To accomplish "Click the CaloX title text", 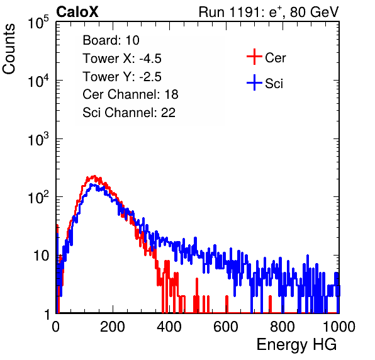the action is click(77, 12).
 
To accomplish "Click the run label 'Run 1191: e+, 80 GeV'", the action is click(269, 12).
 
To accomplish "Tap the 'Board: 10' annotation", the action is click(111, 40).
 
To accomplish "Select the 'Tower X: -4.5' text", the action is click(122, 59).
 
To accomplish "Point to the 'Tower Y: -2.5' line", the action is click(122, 77).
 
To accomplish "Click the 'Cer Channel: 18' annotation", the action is click(130, 94).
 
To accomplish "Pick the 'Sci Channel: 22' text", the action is click(129, 113).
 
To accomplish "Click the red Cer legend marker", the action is click(254, 57).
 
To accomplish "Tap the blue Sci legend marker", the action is click(254, 82).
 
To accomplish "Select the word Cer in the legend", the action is click(275, 58).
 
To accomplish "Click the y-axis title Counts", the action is click(9, 48).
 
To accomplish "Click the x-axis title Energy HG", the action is click(296, 345).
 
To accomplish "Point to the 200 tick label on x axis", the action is click(113, 327).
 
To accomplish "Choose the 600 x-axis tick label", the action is click(226, 327).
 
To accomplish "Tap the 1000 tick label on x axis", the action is click(339, 327).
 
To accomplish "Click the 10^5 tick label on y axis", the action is click(38, 23).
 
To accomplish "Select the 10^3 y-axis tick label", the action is click(38, 139).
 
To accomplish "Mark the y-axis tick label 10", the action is click(41, 256).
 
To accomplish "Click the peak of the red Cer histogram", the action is click(94, 176).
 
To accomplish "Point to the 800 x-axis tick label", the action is click(283, 327).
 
